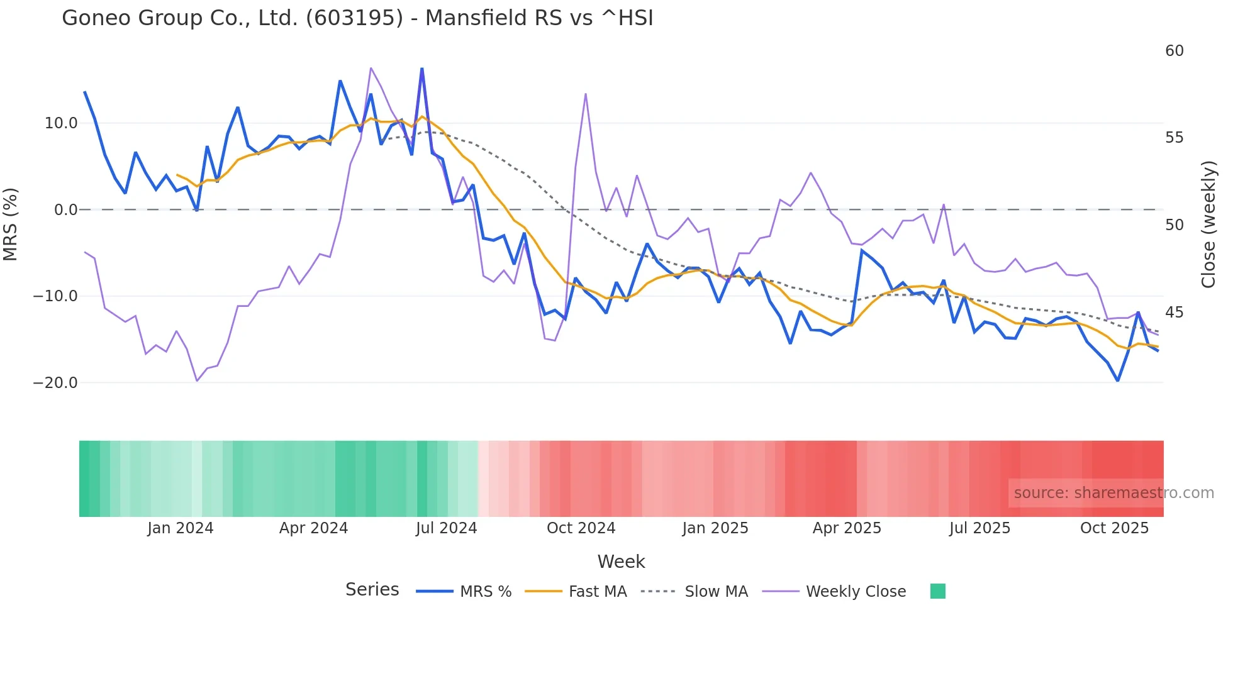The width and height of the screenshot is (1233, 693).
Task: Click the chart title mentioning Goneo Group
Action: pyautogui.click(x=357, y=18)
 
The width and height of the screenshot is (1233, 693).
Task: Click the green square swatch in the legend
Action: pyautogui.click(x=937, y=591)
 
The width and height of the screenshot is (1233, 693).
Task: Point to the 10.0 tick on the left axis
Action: pyautogui.click(x=61, y=123)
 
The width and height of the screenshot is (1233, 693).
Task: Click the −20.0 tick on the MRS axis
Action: pyautogui.click(x=55, y=383)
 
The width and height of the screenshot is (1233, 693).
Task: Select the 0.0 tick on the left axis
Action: pyautogui.click(x=65, y=210)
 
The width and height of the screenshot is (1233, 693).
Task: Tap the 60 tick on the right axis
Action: pyautogui.click(x=1174, y=51)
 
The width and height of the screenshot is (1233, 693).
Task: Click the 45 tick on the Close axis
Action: pyautogui.click(x=1174, y=313)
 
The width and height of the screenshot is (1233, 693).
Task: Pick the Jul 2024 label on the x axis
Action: pyautogui.click(x=446, y=528)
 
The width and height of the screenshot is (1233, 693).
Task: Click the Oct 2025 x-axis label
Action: pyautogui.click(x=1114, y=528)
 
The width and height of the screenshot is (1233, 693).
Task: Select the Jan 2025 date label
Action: pyautogui.click(x=715, y=528)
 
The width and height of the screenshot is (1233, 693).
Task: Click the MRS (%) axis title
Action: pyautogui.click(x=11, y=225)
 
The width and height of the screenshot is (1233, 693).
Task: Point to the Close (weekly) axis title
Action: pyautogui.click(x=1208, y=225)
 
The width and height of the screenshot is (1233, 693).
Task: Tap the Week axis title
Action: pyautogui.click(x=621, y=562)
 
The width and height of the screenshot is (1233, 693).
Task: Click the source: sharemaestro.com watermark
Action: pyautogui.click(x=1113, y=493)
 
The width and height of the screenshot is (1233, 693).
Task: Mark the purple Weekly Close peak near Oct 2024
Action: pyautogui.click(x=586, y=94)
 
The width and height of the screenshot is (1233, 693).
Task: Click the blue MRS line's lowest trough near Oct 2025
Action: pyautogui.click(x=1118, y=380)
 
